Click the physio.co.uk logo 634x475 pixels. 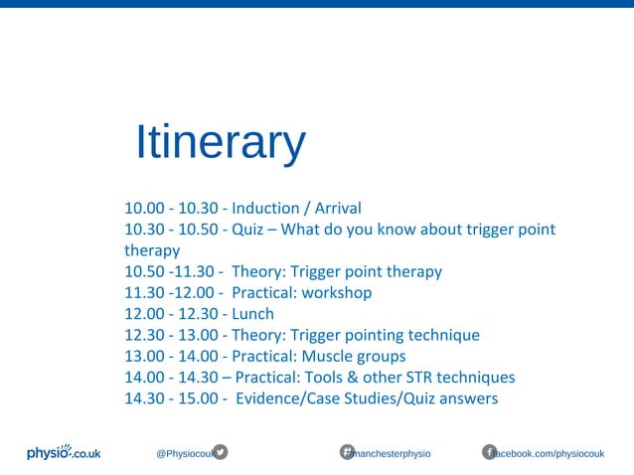coord(64,452)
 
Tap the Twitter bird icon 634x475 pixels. coord(221,452)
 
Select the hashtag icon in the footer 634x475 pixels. coord(348,452)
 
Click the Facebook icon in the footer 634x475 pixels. coord(489,452)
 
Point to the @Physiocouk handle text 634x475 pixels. coord(184,453)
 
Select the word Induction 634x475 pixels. coord(265,209)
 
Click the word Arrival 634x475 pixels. coord(338,209)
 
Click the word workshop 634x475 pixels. coord(338,293)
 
